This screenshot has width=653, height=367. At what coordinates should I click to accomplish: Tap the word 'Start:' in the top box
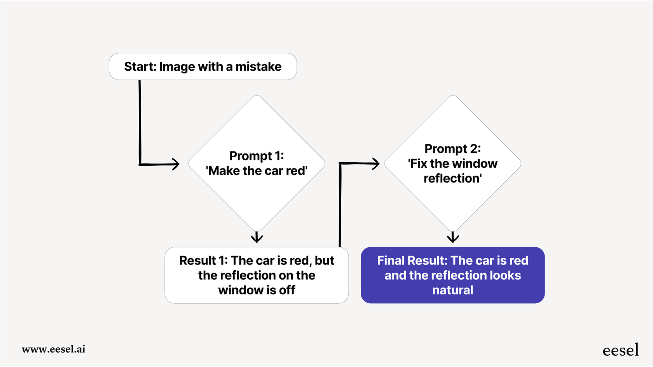(x=140, y=67)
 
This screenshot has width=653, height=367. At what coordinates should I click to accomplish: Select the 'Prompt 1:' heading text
(x=257, y=156)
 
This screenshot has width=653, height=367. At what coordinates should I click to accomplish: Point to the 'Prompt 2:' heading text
(x=452, y=149)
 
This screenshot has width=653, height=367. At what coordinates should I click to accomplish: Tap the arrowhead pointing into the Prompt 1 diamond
(x=175, y=164)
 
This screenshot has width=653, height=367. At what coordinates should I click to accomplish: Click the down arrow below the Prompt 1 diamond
(x=257, y=237)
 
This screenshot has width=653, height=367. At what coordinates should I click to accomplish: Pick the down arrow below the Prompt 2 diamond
(x=453, y=237)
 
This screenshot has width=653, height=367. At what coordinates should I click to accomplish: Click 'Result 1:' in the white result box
(x=203, y=261)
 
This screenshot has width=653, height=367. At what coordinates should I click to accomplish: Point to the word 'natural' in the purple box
(x=453, y=290)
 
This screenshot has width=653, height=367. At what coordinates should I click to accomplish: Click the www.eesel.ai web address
(x=54, y=349)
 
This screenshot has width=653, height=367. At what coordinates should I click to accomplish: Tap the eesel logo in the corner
(x=620, y=350)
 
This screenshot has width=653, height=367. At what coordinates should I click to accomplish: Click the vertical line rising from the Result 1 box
(x=340, y=206)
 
